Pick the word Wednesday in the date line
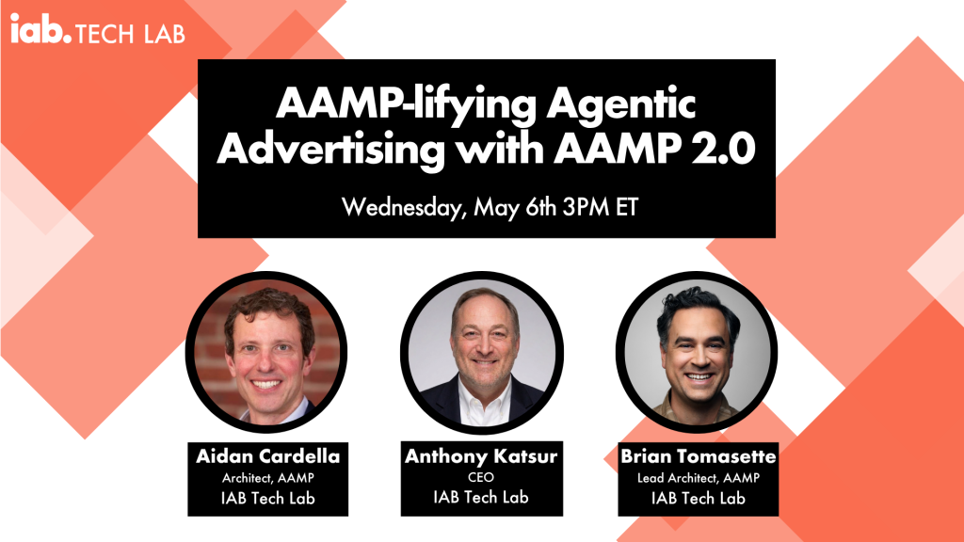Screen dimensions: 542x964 (x=401, y=207)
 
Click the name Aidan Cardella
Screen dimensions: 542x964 (x=267, y=455)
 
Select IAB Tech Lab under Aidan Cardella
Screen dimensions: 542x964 (x=267, y=498)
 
